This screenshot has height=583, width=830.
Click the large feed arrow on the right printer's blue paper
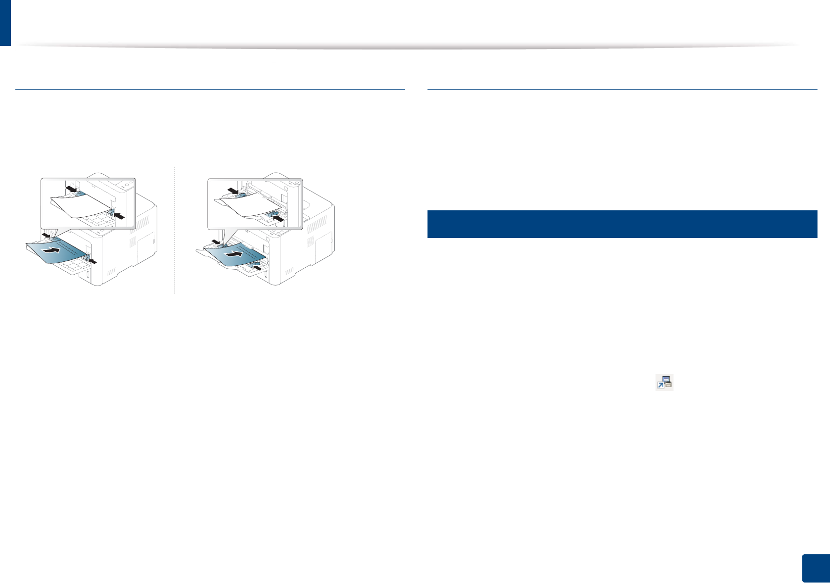234,254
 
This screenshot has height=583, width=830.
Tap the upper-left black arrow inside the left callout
72,189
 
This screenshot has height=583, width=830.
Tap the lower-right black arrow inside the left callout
119,216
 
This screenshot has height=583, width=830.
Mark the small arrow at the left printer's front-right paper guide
93,260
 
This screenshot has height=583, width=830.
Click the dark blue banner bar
622,224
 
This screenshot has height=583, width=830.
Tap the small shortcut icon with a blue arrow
664,382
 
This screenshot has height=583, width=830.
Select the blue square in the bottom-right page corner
816,569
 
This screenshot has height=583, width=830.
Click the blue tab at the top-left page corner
5,22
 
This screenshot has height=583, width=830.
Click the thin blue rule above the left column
210,90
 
